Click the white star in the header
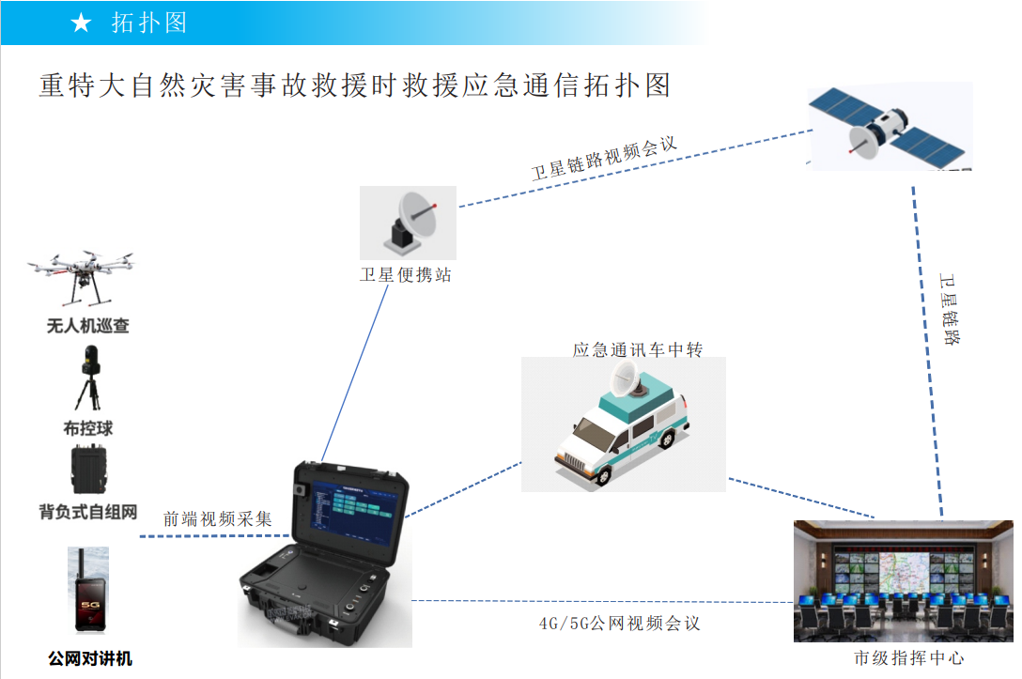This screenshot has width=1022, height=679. click(81, 23)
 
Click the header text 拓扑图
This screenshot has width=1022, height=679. click(149, 23)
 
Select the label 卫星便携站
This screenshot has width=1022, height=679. click(406, 276)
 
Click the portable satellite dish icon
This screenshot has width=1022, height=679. click(410, 223)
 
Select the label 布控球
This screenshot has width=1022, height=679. click(88, 428)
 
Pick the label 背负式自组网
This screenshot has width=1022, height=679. click(88, 512)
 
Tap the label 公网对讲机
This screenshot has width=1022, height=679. click(90, 658)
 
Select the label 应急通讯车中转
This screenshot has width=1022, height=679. click(638, 350)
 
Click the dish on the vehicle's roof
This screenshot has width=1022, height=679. click(624, 378)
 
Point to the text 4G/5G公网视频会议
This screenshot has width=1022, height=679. click(619, 624)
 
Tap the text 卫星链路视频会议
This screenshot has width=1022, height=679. click(604, 158)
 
